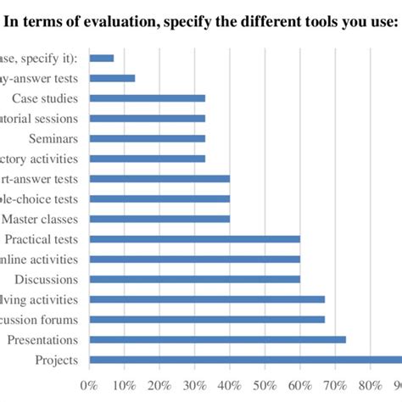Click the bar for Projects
[245, 360]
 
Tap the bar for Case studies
[147, 98]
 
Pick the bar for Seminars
[147, 138]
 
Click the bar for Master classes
[159, 219]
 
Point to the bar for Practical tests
[194, 239]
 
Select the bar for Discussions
[194, 279]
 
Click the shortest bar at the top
[102, 58]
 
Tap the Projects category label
[57, 360]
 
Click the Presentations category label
[42, 340]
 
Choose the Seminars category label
[53, 138]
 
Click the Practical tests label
[42, 239]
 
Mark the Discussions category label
[47, 279]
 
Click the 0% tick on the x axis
[89, 386]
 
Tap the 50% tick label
[265, 386]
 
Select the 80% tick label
[371, 386]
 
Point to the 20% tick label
[159, 386]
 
